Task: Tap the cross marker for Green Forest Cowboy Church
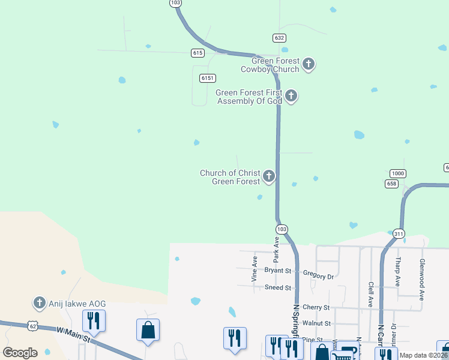pos(309,64)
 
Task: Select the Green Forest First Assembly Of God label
pos(249,97)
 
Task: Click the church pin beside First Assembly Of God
pos(291,95)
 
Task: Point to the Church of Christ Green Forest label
pos(230,177)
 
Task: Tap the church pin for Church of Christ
pos(269,176)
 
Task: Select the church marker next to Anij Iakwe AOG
pos(40,302)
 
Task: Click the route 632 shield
pos(279,37)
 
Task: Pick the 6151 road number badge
pos(208,78)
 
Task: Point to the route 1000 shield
pos(398,173)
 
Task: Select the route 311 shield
pos(399,233)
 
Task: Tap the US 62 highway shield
pos(33,325)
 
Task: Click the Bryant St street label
pos(278,271)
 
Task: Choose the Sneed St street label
pos(278,288)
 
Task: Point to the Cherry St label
pos(316,307)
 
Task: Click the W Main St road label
pos(73,335)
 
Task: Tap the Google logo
pos(20,353)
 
